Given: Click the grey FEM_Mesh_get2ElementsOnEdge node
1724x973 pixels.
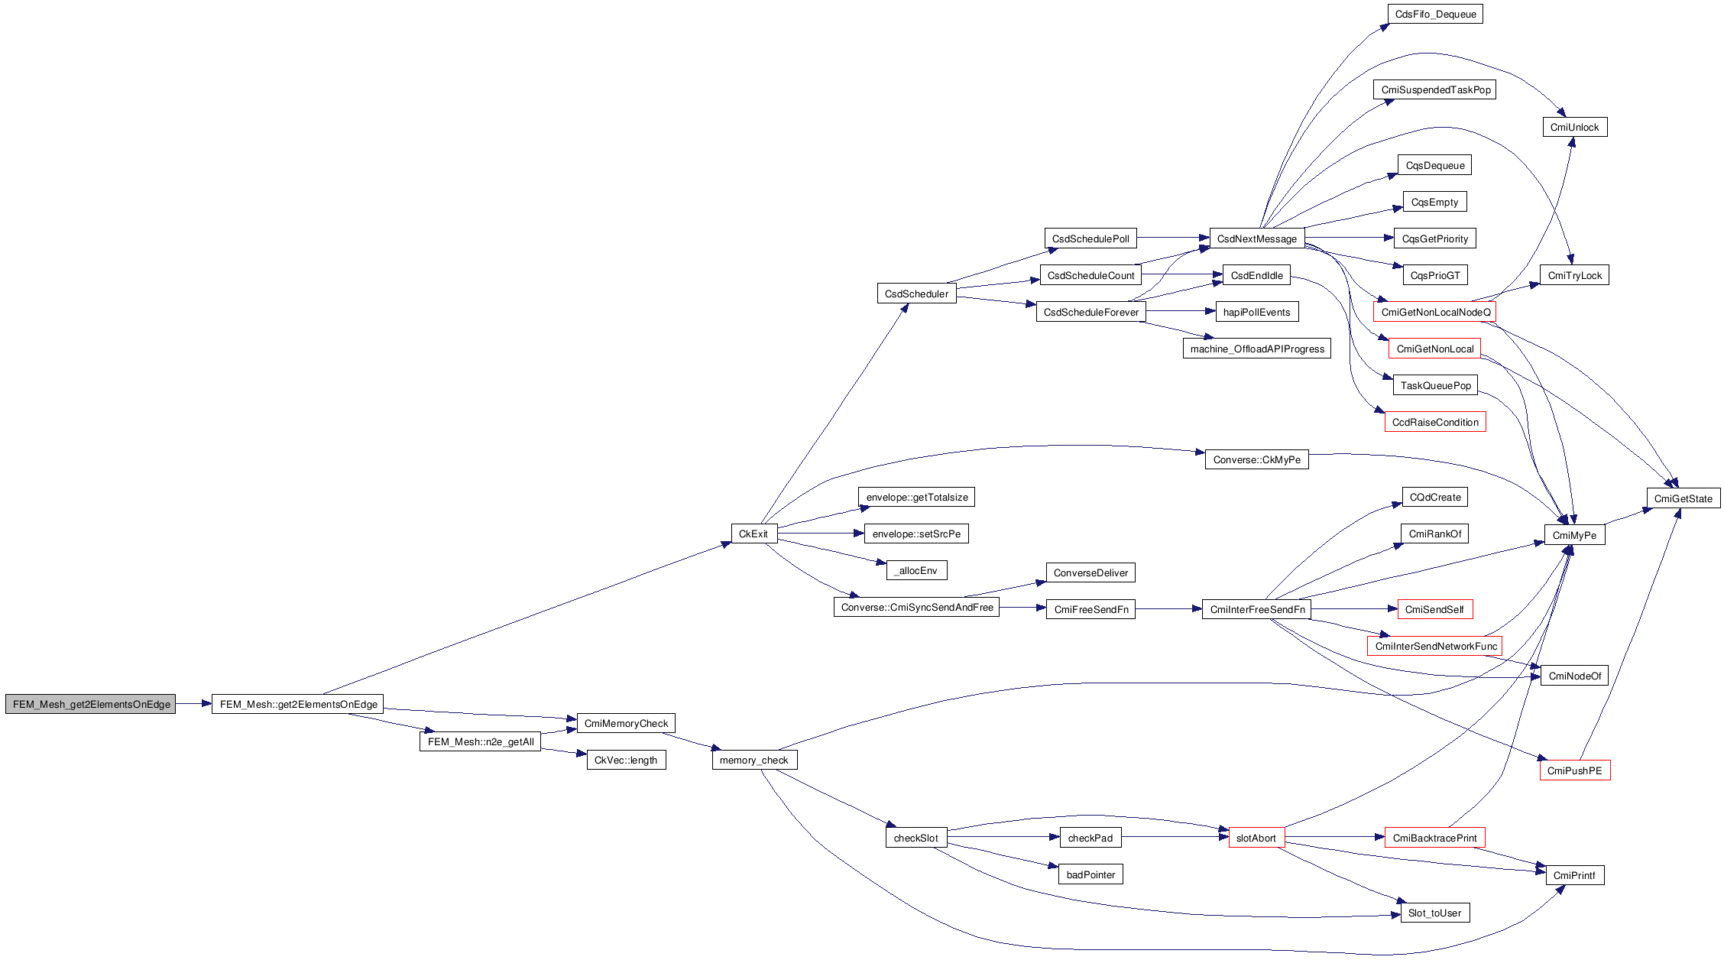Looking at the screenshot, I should (90, 704).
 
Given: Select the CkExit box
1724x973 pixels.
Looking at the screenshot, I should (753, 534).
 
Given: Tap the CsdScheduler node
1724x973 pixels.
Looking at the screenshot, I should (916, 294).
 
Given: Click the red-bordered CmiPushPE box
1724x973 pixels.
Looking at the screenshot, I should (1574, 770).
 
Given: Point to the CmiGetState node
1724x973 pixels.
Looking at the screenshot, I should (1683, 498).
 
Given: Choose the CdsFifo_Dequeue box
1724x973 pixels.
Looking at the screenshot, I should (1435, 14).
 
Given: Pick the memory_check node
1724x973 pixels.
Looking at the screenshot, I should (754, 760).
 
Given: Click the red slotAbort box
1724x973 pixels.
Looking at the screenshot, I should (1256, 838).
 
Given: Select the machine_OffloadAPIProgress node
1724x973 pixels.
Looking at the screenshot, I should (1257, 349).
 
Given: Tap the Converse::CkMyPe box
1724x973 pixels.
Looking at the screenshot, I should (1256, 459).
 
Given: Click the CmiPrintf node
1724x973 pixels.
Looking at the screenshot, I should (1574, 875).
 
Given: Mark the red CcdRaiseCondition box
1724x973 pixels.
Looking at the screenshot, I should (1435, 422).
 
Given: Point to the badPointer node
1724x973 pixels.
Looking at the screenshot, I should (1090, 874).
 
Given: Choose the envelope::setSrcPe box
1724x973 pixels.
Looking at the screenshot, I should (916, 534).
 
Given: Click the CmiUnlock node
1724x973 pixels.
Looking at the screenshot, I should (1574, 127).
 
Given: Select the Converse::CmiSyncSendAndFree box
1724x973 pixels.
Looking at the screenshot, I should (916, 607).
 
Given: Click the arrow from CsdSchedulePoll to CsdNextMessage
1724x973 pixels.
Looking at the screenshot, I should (1173, 238).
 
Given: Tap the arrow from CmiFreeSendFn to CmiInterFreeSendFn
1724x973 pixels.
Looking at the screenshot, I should (1168, 608).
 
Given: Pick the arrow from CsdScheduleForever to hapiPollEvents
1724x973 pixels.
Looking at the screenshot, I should (1181, 311).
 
